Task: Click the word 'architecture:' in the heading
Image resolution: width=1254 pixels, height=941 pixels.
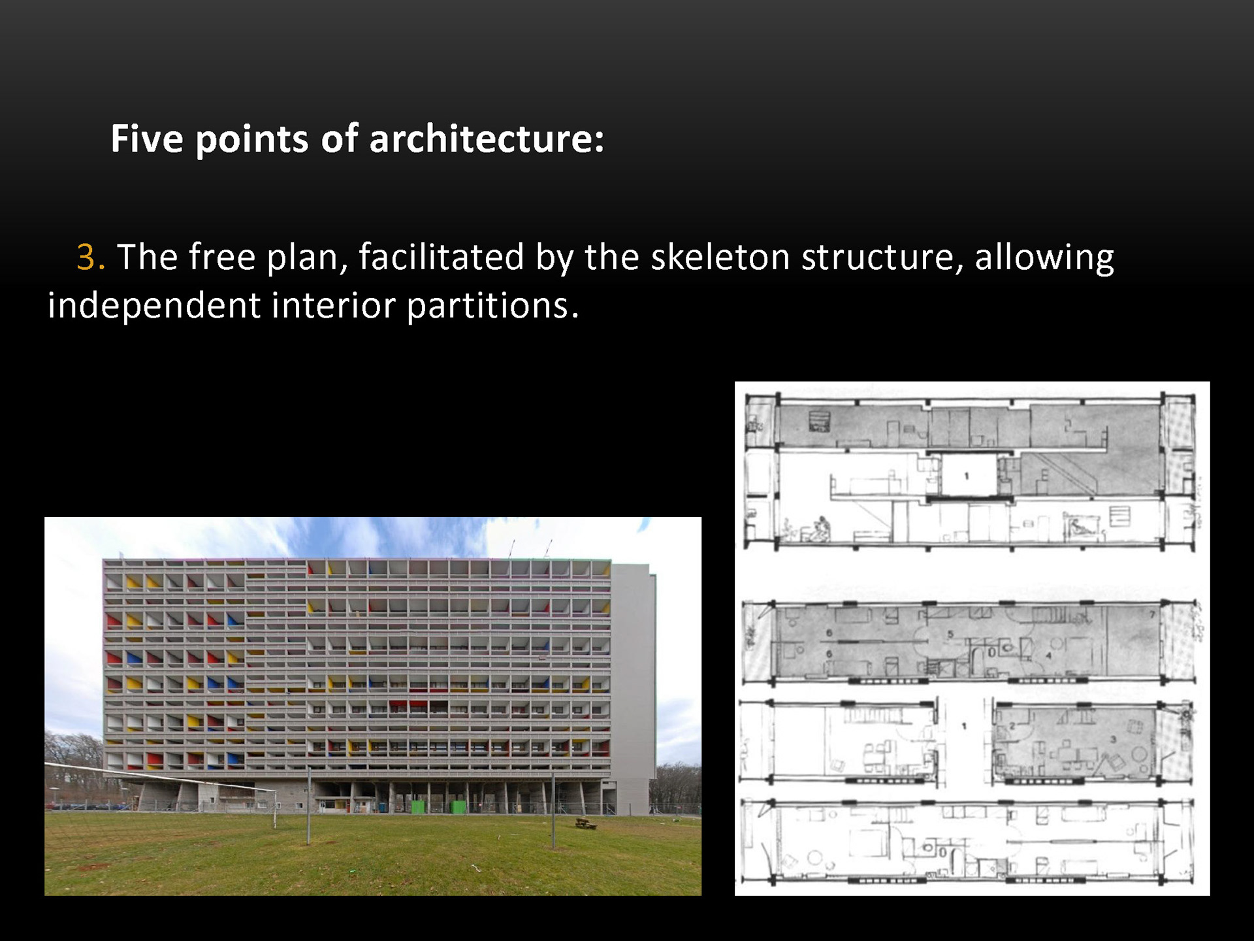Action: (x=487, y=139)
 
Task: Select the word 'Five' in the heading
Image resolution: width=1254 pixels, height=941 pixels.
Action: (x=147, y=139)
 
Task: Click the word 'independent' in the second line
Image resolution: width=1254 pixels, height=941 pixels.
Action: (x=154, y=306)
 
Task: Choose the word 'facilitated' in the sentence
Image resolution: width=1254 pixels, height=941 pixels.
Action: (x=441, y=257)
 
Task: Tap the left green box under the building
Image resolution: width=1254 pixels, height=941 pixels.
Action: (x=418, y=806)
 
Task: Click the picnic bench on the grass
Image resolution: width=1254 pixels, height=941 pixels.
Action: (x=586, y=823)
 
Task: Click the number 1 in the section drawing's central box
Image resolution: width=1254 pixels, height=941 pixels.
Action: (x=967, y=476)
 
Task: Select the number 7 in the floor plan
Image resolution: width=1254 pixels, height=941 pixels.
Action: (x=1152, y=615)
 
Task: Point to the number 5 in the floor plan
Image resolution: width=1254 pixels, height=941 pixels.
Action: (x=951, y=634)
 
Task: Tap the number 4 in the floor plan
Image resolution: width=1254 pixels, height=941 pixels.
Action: (x=1049, y=655)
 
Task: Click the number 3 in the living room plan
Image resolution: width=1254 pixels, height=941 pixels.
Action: (x=1113, y=739)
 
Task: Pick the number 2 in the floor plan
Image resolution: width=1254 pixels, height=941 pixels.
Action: (x=1012, y=726)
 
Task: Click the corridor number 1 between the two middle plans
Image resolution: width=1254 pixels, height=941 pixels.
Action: (x=964, y=725)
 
